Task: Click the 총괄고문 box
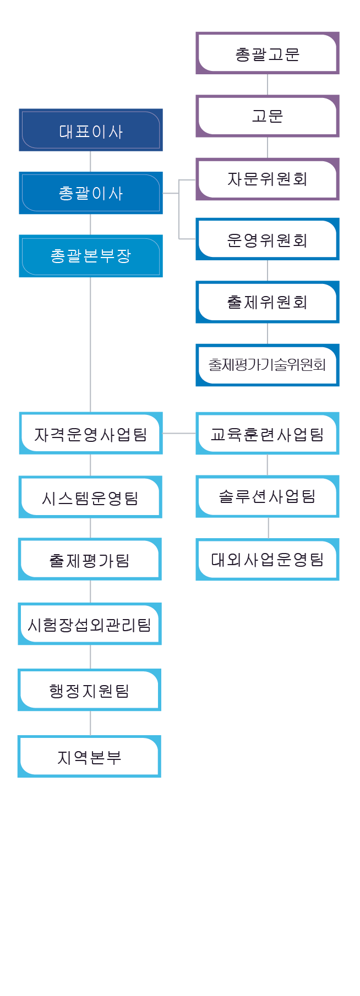click(x=268, y=53)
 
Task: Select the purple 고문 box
click(x=268, y=116)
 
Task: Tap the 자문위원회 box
click(x=268, y=179)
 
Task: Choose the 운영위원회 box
click(x=268, y=239)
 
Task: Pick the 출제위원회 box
click(x=268, y=302)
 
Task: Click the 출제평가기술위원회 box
click(x=268, y=365)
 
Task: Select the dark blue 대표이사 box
click(x=91, y=130)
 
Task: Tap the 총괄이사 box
click(x=91, y=193)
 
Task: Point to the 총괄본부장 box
click(x=91, y=256)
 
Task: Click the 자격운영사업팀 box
click(x=91, y=433)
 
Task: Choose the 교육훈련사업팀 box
click(x=268, y=433)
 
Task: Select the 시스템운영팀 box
click(x=90, y=497)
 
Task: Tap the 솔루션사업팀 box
click(x=268, y=496)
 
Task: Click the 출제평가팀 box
click(x=90, y=559)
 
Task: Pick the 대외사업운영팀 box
click(x=268, y=559)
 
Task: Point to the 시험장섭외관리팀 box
click(x=90, y=623)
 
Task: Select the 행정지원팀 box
click(x=89, y=690)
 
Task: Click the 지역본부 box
click(x=89, y=756)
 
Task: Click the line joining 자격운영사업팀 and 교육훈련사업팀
click(x=179, y=433)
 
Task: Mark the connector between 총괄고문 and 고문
click(x=268, y=85)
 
